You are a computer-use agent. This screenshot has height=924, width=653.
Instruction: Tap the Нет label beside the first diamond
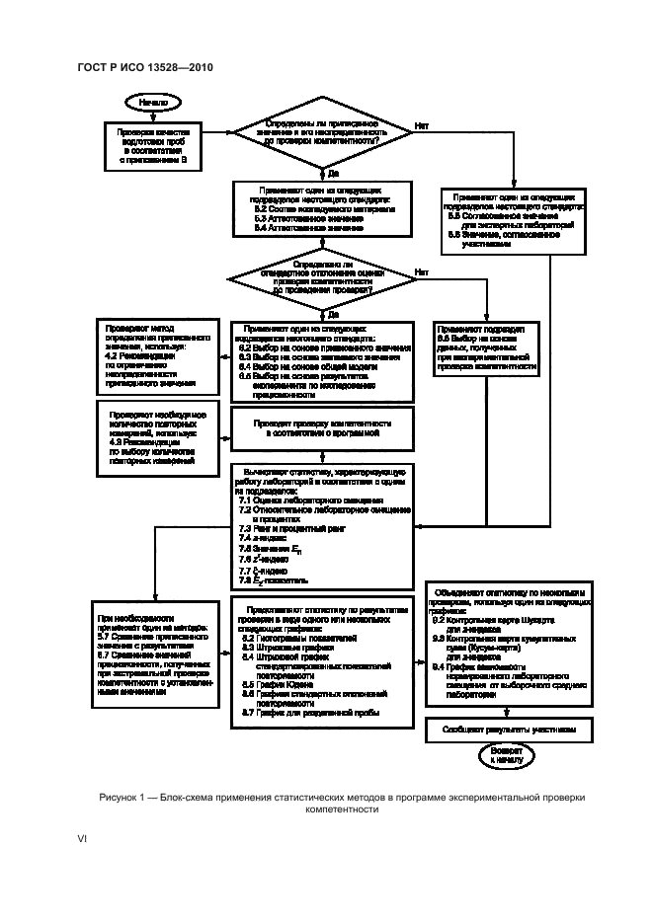coord(422,126)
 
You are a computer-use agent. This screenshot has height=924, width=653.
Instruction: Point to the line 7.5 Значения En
coord(273,547)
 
